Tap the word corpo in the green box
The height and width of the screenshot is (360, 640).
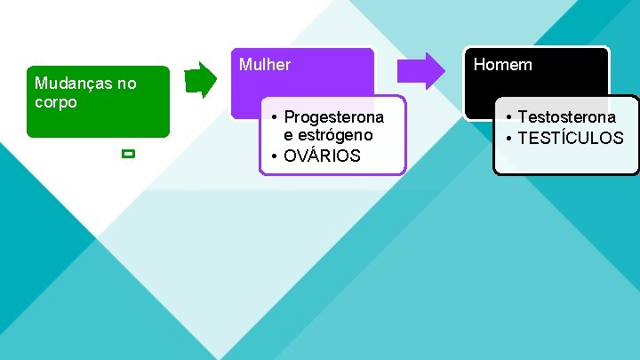pyautogui.click(x=56, y=101)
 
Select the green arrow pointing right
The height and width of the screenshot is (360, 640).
pyautogui.click(x=201, y=79)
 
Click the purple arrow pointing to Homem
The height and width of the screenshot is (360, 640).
pyautogui.click(x=420, y=71)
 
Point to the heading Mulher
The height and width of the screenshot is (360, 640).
pyautogui.click(x=265, y=65)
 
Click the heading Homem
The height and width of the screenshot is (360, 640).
pyautogui.click(x=502, y=64)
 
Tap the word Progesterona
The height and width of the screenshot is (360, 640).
pyautogui.click(x=333, y=117)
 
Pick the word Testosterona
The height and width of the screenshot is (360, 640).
pyautogui.click(x=566, y=117)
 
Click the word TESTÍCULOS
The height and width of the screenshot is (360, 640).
pyautogui.click(x=571, y=138)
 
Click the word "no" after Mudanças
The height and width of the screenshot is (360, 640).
pyautogui.click(x=126, y=84)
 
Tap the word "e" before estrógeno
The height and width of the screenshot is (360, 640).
pyautogui.click(x=288, y=135)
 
